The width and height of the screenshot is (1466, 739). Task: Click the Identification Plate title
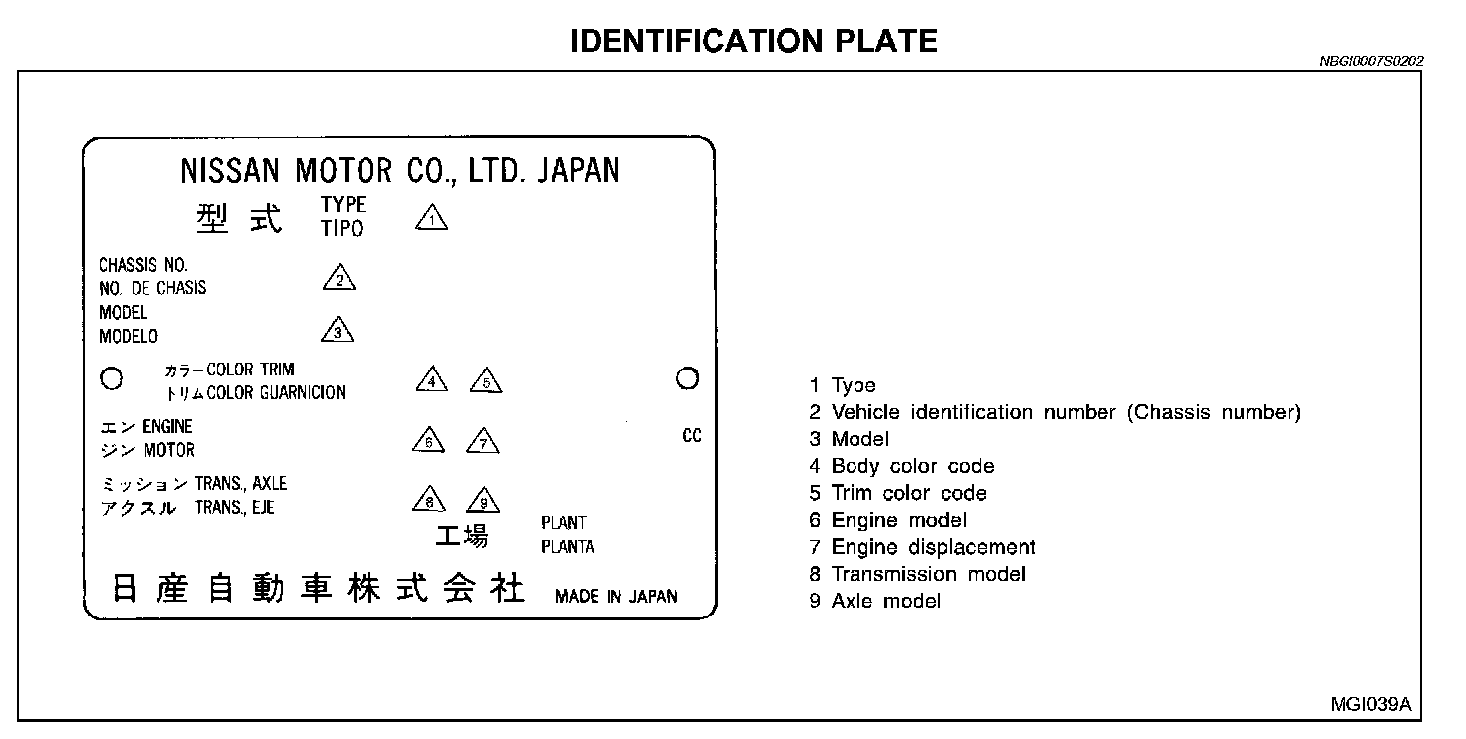point(754,40)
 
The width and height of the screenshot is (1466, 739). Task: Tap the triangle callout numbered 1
point(431,217)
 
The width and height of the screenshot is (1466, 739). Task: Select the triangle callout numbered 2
point(339,279)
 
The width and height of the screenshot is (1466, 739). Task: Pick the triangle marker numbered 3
point(338,331)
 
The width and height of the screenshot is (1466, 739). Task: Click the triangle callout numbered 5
point(486,381)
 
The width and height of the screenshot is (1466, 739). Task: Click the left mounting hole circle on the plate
point(113,378)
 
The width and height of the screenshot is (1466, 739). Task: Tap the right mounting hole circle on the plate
point(687,378)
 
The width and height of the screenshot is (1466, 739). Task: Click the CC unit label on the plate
point(692,436)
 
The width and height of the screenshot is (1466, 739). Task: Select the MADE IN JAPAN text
point(615,597)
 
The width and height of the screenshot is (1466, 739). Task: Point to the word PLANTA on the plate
point(568,546)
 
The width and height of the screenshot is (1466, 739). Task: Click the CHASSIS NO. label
point(143,265)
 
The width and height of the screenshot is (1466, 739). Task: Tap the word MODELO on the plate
point(128,337)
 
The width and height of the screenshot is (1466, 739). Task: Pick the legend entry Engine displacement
point(933,547)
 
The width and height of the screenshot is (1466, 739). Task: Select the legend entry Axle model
point(885,601)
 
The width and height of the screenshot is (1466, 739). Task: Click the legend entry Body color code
point(912,466)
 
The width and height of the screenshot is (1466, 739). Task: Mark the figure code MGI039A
point(1370,704)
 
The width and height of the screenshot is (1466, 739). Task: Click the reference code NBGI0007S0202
point(1370,61)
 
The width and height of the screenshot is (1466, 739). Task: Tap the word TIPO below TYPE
point(342,229)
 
